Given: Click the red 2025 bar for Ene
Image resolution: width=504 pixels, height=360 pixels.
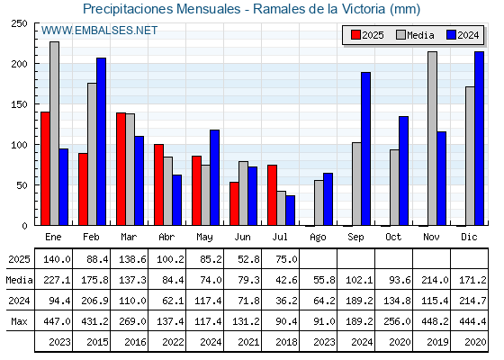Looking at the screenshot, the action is point(45,168).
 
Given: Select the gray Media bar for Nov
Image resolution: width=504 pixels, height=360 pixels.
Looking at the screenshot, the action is point(432,139).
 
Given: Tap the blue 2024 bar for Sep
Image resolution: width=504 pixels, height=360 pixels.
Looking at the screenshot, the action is point(365,148).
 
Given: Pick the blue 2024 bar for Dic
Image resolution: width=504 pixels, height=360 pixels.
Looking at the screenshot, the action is point(479,139).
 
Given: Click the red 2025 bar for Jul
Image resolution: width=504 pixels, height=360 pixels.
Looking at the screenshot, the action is point(272,195).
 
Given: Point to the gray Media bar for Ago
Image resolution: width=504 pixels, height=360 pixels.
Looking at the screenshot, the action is point(319,202).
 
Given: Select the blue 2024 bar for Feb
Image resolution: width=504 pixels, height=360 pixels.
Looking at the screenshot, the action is point(101,141).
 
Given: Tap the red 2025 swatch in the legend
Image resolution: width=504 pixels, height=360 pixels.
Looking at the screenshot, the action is point(355,35).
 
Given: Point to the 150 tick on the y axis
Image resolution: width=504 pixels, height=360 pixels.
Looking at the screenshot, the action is point(37,103).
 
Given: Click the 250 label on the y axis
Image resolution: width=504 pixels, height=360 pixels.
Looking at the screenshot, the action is point(19,23).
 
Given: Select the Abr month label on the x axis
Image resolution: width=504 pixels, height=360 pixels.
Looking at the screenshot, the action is point(166,238).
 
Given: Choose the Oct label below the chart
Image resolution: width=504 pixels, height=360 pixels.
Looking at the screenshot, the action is point(393,238).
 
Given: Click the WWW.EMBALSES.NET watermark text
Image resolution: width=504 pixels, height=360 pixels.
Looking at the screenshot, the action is point(99,31).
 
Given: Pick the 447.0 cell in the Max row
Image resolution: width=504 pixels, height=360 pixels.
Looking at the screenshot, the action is point(57,321).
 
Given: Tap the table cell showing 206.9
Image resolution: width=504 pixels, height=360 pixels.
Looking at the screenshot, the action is point(94,301).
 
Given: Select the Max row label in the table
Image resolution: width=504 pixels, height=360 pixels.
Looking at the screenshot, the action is point(19,321).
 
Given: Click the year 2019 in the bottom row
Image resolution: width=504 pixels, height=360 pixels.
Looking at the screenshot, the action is point(437,342).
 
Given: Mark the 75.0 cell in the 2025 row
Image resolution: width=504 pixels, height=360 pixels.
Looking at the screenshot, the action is point(286,259).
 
